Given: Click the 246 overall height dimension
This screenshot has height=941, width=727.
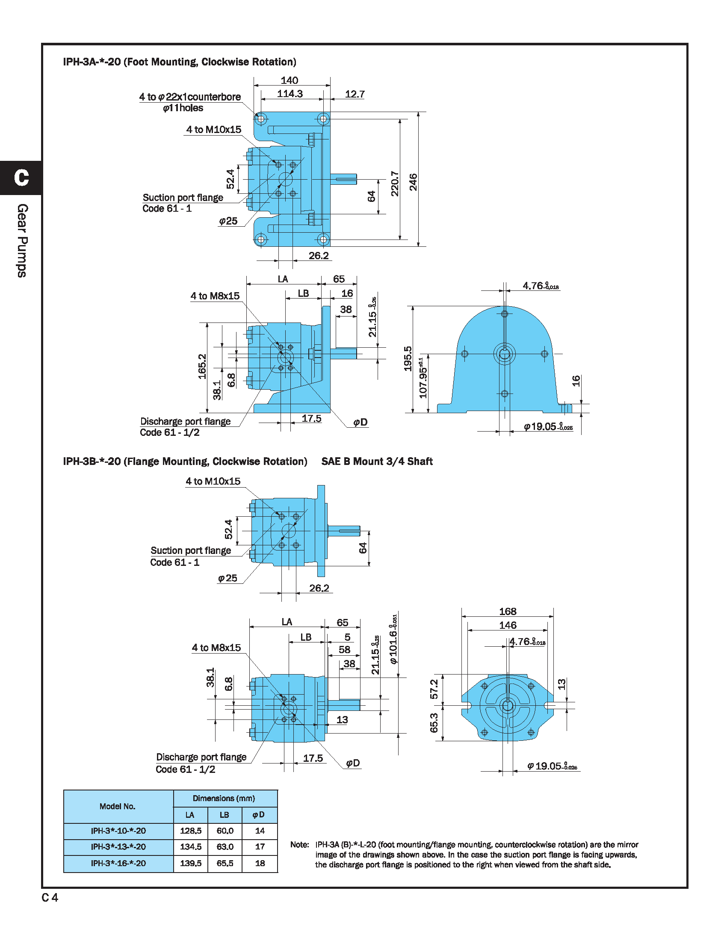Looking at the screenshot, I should [413, 182].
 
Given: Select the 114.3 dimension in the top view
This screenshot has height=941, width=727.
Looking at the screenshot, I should [290, 94].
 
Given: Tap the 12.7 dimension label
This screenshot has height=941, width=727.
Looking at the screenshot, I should [355, 94].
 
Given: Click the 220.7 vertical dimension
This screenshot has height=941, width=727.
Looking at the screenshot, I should [395, 183].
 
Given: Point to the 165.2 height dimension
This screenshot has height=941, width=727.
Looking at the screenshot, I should [202, 366].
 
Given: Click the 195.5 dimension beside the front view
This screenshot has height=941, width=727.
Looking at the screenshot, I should [408, 358].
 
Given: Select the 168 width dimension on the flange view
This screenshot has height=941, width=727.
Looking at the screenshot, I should [507, 611].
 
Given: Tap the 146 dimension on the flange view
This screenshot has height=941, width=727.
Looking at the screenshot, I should [507, 625].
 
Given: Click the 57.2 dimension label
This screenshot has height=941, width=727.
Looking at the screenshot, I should [434, 689].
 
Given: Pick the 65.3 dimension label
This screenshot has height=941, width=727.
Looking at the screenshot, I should [434, 722].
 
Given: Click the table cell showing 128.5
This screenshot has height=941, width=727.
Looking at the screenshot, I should [190, 831].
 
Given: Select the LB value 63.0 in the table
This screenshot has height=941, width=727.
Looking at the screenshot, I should [225, 846].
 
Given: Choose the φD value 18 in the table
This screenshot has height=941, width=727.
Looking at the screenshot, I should [260, 863].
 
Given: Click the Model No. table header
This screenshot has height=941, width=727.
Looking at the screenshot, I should [118, 806].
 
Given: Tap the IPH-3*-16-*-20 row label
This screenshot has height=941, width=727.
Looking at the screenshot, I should [118, 863].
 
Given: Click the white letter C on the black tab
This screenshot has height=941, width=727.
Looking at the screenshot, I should [21, 178].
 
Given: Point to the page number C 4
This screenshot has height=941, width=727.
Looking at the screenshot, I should [50, 897].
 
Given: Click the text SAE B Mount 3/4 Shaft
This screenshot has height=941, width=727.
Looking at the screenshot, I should [377, 462].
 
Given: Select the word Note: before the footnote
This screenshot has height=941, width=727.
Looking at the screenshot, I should [299, 844].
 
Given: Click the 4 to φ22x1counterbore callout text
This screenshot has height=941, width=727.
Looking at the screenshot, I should [190, 97].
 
